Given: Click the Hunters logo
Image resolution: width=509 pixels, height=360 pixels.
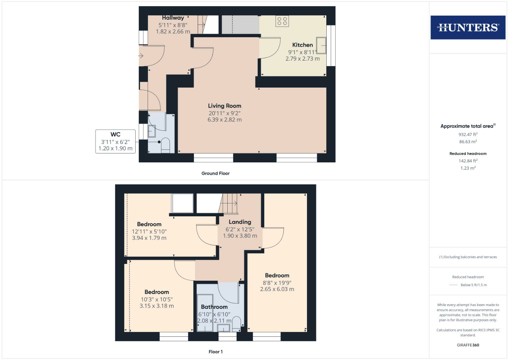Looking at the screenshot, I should coord(468,27).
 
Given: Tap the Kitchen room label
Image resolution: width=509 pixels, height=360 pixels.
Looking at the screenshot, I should coord(302,45).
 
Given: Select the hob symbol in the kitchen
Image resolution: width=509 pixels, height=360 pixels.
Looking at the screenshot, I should coord(282,21).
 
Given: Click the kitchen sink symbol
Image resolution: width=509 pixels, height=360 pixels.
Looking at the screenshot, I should coord(321,45).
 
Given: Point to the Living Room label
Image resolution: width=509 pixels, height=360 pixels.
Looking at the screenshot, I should coord(224,106).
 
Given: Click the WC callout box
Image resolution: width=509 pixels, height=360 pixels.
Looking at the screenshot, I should coord(115,141).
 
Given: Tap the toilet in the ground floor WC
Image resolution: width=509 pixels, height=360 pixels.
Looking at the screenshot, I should coord(165,146).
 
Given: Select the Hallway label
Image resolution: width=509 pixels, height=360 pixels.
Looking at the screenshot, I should coord(173,18).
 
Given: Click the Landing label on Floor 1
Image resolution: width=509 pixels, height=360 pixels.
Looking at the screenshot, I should coord(240,222).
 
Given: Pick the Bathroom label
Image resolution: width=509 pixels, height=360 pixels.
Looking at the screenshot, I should coord(214,307).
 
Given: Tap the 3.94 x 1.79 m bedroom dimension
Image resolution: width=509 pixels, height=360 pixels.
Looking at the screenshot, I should coord(149,238).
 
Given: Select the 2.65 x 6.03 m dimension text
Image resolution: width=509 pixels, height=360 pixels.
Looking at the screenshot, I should coord(277,289).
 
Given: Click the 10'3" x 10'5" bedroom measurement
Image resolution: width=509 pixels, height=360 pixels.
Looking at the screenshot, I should coord(157,299).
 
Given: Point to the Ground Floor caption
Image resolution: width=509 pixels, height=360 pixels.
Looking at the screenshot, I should coord(215,173).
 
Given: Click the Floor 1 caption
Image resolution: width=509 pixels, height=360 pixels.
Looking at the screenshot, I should coord(215,352).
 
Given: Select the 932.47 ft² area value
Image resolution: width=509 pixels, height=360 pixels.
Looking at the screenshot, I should coord(468,134).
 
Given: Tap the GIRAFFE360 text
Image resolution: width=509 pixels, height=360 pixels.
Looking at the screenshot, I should coord(468,345).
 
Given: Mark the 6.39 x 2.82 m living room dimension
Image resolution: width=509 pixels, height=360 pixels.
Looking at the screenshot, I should coord(224,120).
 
